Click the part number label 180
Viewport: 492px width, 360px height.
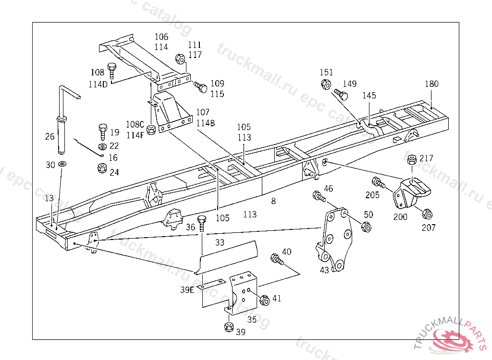[431, 84]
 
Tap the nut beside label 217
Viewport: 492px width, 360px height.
[412, 160]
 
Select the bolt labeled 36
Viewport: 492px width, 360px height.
[202, 223]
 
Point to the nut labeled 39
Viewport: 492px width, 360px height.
[229, 327]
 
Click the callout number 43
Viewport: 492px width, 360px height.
[324, 270]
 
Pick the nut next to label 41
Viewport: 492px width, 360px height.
[265, 300]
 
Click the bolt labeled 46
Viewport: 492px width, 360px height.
[319, 196]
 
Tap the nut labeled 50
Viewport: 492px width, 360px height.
[366, 227]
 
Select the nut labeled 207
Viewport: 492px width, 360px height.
[427, 214]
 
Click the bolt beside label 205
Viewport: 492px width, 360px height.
[379, 182]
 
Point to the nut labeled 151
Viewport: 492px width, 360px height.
[326, 84]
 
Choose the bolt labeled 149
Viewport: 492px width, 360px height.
[341, 94]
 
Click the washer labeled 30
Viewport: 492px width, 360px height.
[62, 164]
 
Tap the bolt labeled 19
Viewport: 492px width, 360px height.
[103, 132]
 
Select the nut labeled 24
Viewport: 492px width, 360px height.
[102, 168]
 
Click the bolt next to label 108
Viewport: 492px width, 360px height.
[111, 71]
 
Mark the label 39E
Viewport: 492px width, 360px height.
[187, 290]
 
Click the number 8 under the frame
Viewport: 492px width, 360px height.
[273, 201]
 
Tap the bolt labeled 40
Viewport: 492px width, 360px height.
[277, 259]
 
